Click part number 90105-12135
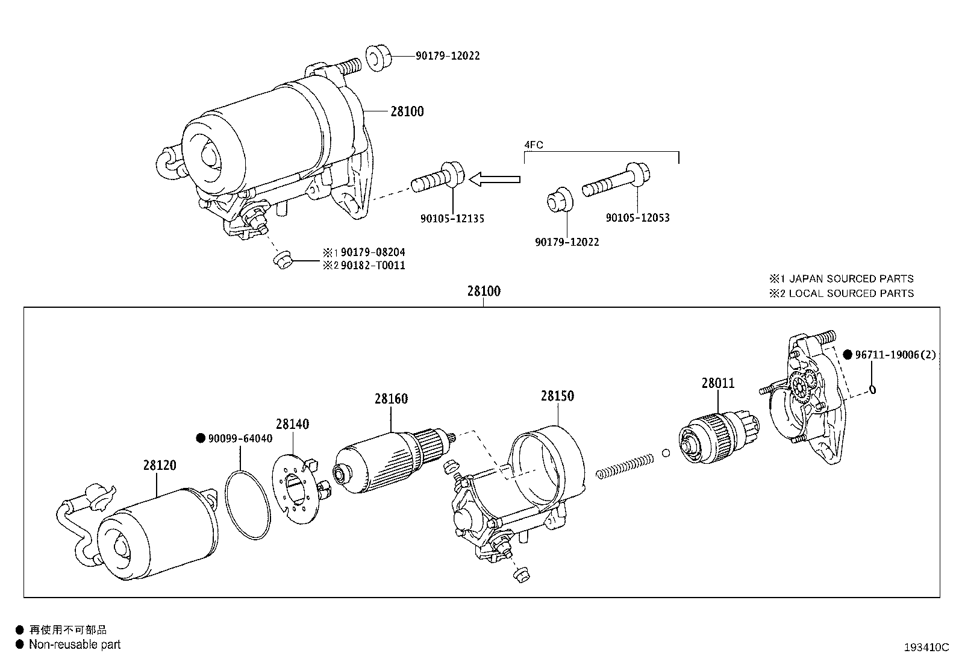(452, 219)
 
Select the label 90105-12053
(637, 217)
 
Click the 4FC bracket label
(533, 145)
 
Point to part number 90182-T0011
(372, 266)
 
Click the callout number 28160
(390, 399)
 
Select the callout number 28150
(557, 396)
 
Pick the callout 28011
(717, 383)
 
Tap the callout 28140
(292, 424)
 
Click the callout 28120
(160, 465)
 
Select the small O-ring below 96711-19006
(872, 390)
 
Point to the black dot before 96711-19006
(847, 355)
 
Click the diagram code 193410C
(926, 648)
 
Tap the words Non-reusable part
(75, 645)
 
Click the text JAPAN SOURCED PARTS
(851, 279)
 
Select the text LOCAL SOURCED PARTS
(851, 293)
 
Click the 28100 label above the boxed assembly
(483, 292)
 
